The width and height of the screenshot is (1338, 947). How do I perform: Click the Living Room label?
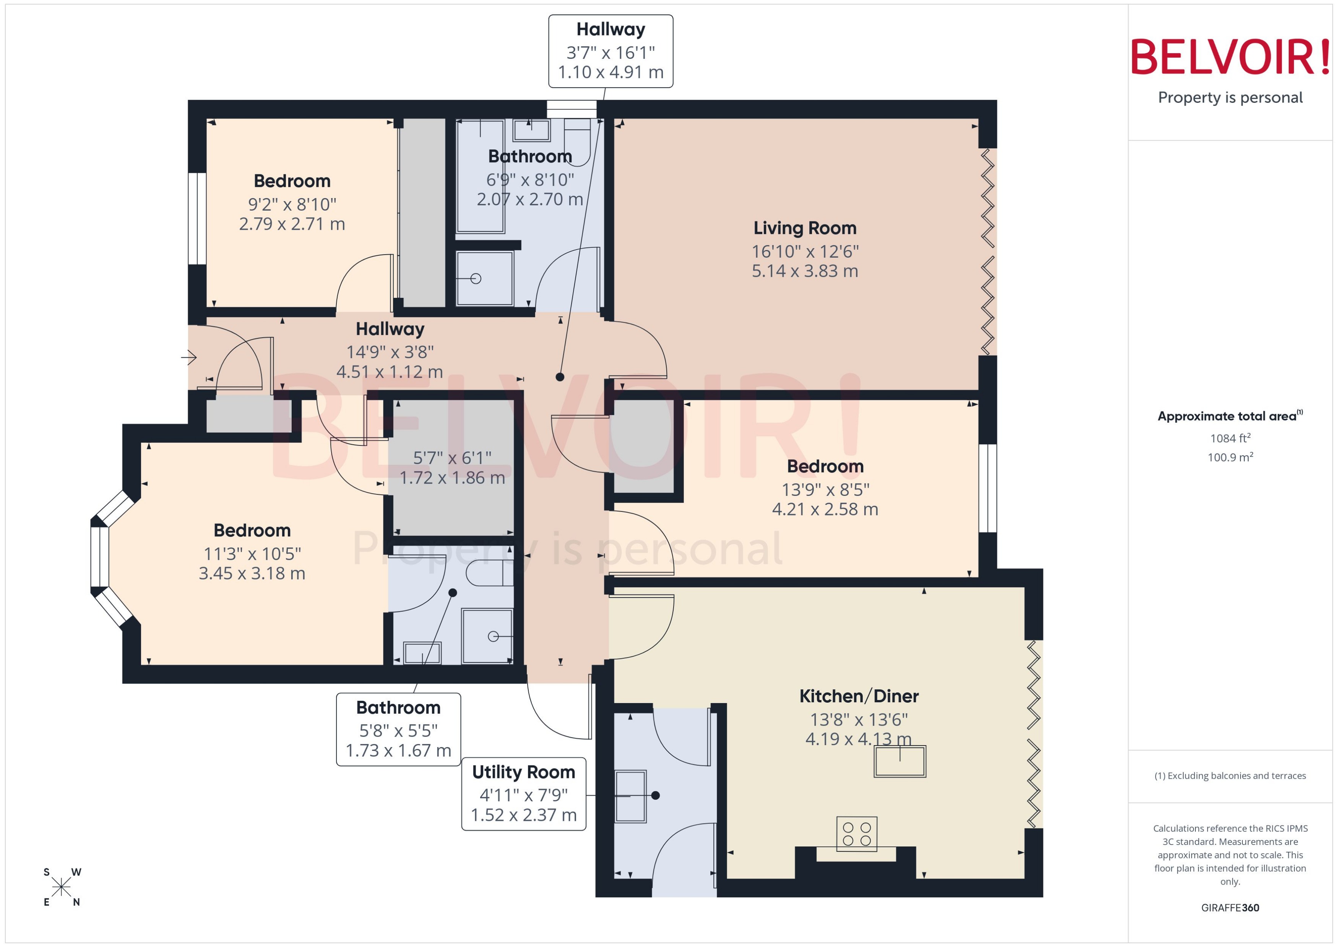pyautogui.click(x=805, y=228)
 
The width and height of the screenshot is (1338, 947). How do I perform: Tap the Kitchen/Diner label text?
pyautogui.click(x=858, y=696)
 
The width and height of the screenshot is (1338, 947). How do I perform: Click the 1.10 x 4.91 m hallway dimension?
pyautogui.click(x=611, y=72)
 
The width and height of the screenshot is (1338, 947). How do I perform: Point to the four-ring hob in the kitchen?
pyautogui.click(x=856, y=834)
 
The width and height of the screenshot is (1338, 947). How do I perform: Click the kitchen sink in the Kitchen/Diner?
pyautogui.click(x=900, y=761)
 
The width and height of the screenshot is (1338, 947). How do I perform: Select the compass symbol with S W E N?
pyautogui.click(x=61, y=887)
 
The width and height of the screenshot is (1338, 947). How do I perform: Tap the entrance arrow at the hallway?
pyautogui.click(x=189, y=357)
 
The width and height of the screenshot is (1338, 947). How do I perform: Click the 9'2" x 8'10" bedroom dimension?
pyautogui.click(x=292, y=205)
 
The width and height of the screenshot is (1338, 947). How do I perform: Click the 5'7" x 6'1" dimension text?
pyautogui.click(x=452, y=458)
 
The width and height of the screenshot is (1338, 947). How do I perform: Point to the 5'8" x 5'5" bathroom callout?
pyautogui.click(x=398, y=729)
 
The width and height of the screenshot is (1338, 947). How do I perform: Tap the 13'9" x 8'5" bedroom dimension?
pyautogui.click(x=825, y=490)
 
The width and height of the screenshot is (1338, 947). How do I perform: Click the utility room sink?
pyautogui.click(x=630, y=796)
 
